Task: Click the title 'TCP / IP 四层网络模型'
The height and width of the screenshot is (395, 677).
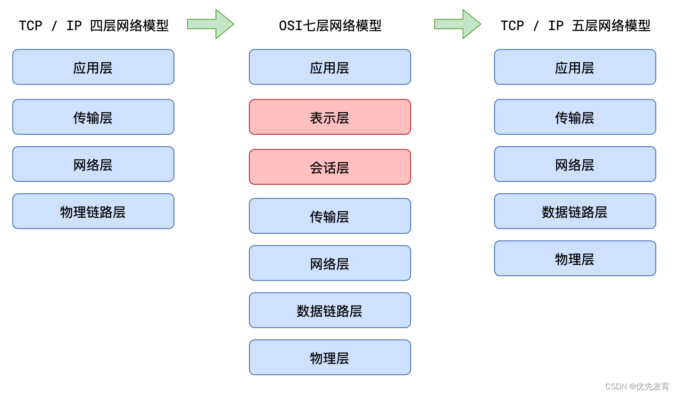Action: click(93, 25)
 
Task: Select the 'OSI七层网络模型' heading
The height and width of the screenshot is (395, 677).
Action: click(330, 25)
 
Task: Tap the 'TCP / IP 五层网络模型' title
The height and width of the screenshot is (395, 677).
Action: click(575, 25)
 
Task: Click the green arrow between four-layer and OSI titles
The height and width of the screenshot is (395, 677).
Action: click(211, 24)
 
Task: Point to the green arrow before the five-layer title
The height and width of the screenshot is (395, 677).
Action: click(457, 24)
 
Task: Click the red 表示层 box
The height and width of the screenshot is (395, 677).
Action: click(330, 117)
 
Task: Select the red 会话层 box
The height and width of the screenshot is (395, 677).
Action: click(330, 167)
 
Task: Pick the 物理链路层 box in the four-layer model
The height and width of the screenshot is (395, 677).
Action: click(93, 211)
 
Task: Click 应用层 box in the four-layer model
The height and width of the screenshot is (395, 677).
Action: click(93, 67)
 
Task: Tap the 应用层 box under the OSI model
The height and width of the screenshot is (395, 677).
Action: click(330, 67)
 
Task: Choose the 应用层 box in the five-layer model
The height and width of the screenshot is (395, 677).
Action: click(575, 67)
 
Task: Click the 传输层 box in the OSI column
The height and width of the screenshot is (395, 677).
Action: click(330, 216)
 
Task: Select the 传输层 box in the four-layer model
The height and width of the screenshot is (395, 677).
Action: click(93, 117)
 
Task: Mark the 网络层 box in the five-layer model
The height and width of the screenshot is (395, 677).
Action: click(575, 164)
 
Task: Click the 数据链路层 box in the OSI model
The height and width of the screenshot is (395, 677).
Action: click(330, 310)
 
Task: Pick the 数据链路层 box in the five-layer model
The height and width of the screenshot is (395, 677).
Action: click(575, 211)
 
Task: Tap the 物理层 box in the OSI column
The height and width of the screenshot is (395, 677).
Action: click(330, 357)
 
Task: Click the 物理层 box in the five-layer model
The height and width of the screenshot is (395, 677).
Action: click(575, 258)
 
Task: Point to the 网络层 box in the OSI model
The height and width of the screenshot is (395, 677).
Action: click(330, 263)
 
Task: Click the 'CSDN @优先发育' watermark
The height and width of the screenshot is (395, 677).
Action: click(637, 387)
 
